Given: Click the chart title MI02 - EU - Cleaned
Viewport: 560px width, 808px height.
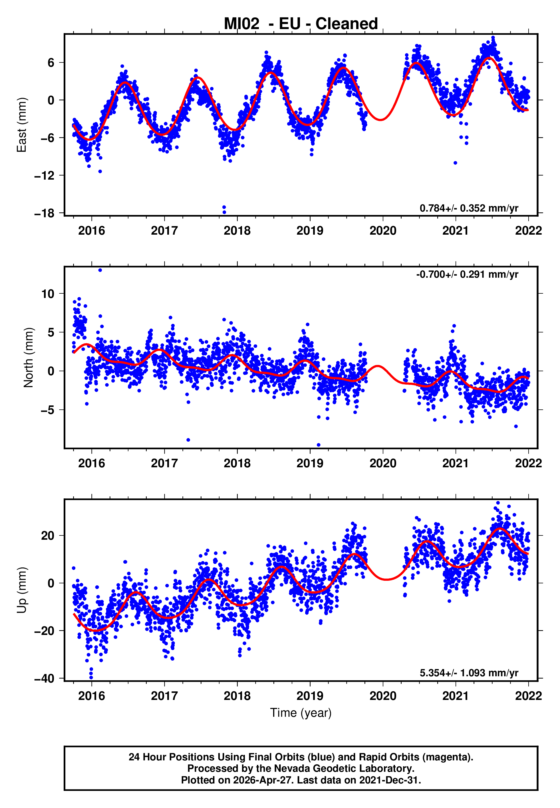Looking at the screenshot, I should click(301, 24).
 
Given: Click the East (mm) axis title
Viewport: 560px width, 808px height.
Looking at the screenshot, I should click(22, 125).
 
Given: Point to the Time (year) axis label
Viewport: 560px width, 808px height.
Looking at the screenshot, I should click(301, 713).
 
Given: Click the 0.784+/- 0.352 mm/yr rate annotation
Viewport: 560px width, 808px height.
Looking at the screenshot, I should click(469, 208).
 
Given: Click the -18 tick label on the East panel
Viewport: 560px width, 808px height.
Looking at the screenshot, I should click(44, 213).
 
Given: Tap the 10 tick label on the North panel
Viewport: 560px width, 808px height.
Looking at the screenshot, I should click(48, 294).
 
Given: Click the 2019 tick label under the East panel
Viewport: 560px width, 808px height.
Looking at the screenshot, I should click(310, 231).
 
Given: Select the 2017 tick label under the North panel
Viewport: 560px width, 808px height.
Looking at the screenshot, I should click(164, 463).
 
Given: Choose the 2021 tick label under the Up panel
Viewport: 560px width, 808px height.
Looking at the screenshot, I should click(456, 696).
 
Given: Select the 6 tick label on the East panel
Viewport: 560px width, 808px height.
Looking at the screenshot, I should click(51, 63).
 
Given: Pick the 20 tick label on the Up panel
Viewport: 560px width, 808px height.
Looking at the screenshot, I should click(48, 535).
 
